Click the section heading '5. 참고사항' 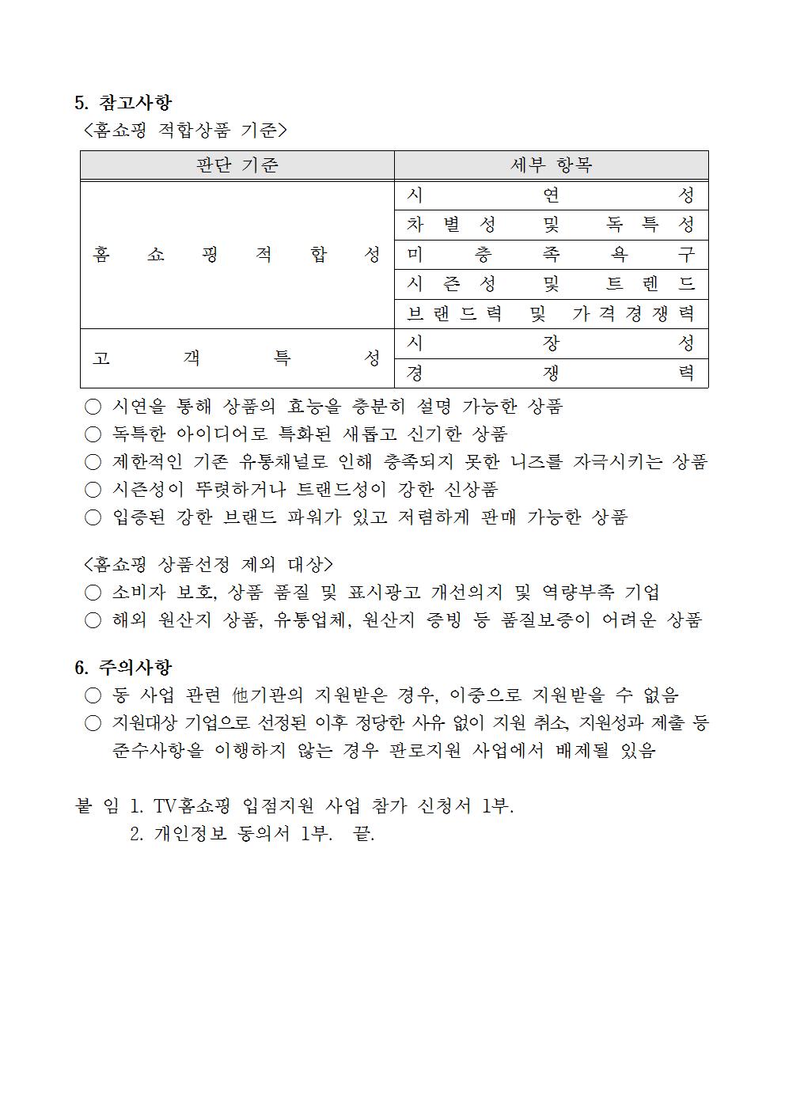123,103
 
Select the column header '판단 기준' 237,165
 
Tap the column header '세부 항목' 551,165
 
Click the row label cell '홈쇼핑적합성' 237,255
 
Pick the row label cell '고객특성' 237,358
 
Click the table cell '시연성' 551,195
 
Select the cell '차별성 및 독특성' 551,225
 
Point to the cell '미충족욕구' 551,255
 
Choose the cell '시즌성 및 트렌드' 551,284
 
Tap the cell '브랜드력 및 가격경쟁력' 551,314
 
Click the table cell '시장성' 551,343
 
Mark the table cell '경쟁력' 551,373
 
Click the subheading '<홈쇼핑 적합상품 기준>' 184,130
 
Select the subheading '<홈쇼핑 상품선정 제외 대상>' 208,564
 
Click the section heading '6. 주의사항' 123,668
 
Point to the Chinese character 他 241,695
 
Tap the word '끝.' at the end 363,835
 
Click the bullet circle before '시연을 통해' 93,407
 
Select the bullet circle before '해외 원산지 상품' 93,621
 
